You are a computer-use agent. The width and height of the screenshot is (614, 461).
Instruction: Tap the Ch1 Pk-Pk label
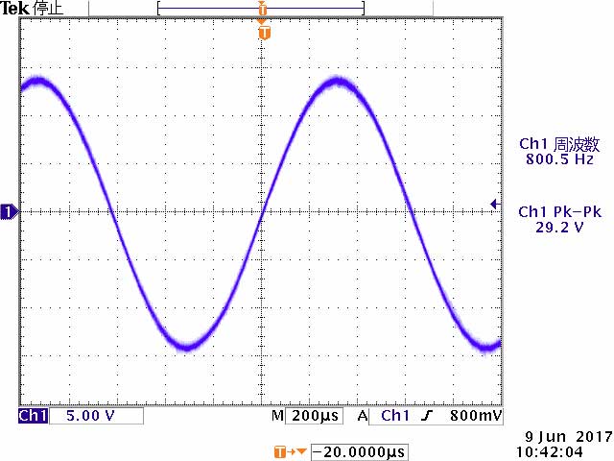coord(560,212)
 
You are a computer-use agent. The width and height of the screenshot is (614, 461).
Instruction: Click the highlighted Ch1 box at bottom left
coord(33,416)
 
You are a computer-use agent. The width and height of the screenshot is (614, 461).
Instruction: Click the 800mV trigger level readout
coord(475,416)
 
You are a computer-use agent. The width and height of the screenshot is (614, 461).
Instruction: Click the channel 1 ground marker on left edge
coord(9,211)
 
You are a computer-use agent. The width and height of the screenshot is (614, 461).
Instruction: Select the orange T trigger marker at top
coord(265,34)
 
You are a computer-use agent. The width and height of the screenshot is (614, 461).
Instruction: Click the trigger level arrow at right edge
coord(494,204)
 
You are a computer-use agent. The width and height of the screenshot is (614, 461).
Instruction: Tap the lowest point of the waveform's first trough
coord(188,345)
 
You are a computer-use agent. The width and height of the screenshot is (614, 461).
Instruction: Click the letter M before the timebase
coord(277,416)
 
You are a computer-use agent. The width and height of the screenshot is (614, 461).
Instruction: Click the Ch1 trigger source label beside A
coord(395,416)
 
